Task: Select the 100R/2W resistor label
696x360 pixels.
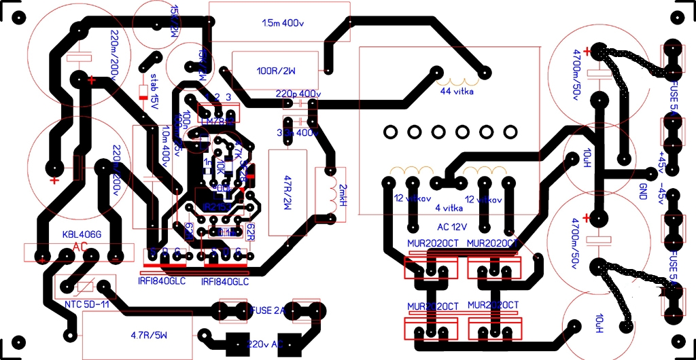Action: [276, 70]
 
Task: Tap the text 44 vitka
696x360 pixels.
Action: [457, 91]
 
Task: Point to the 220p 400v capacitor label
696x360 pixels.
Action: [298, 93]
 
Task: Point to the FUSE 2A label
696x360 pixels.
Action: [269, 310]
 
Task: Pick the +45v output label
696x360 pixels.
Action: [659, 164]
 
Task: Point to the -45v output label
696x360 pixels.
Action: [659, 193]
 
